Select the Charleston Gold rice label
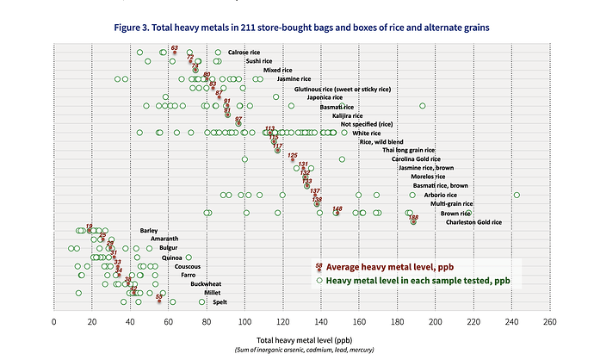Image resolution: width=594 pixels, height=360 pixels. click(x=473, y=222)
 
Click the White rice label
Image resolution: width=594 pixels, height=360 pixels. click(x=367, y=133)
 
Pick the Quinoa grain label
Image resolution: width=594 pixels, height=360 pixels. click(x=171, y=258)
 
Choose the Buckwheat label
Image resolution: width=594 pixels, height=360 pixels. click(x=206, y=284)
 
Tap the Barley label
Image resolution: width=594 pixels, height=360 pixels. click(x=149, y=231)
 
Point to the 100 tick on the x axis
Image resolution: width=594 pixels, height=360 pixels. click(x=244, y=321)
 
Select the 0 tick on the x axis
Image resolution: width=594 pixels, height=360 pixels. click(x=54, y=321)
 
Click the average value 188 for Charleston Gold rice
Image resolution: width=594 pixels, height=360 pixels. click(x=413, y=219)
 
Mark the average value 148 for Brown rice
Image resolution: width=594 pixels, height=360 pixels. click(x=337, y=209)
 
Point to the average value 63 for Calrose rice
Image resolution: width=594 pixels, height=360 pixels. click(x=175, y=49)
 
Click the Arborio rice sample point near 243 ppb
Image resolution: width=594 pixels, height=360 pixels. click(x=517, y=195)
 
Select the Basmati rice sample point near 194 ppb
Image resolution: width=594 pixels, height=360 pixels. click(x=423, y=106)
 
